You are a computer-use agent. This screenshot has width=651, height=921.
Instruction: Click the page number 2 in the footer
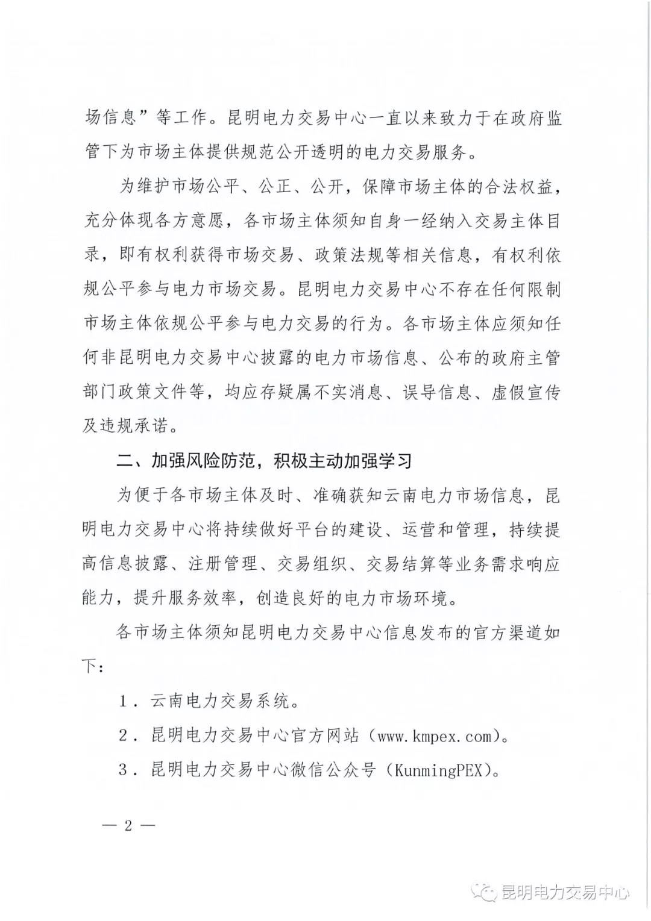tap(127, 825)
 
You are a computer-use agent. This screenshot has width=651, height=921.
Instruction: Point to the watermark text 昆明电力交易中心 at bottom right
tap(565, 892)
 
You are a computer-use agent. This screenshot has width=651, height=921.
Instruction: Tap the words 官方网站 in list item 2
tap(325, 735)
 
